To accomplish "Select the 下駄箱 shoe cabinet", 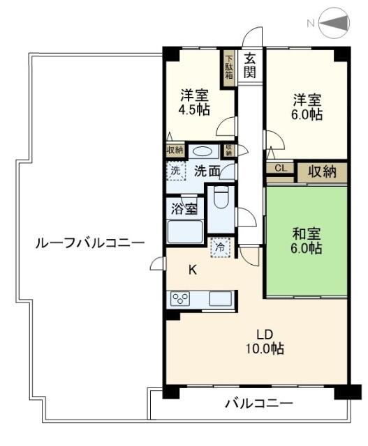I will click(x=228, y=68).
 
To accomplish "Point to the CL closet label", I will click(x=280, y=168).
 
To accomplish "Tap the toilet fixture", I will click(x=221, y=199).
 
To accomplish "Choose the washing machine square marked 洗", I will click(x=176, y=170).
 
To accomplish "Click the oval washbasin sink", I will click(x=203, y=151).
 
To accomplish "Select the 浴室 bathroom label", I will click(x=184, y=207).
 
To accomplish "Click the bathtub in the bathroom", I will click(x=185, y=229).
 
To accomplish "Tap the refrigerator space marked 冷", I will click(x=220, y=247).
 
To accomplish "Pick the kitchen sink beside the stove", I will click(x=219, y=299).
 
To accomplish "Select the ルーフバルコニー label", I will click(x=91, y=243).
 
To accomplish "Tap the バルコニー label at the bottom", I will click(x=258, y=403).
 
